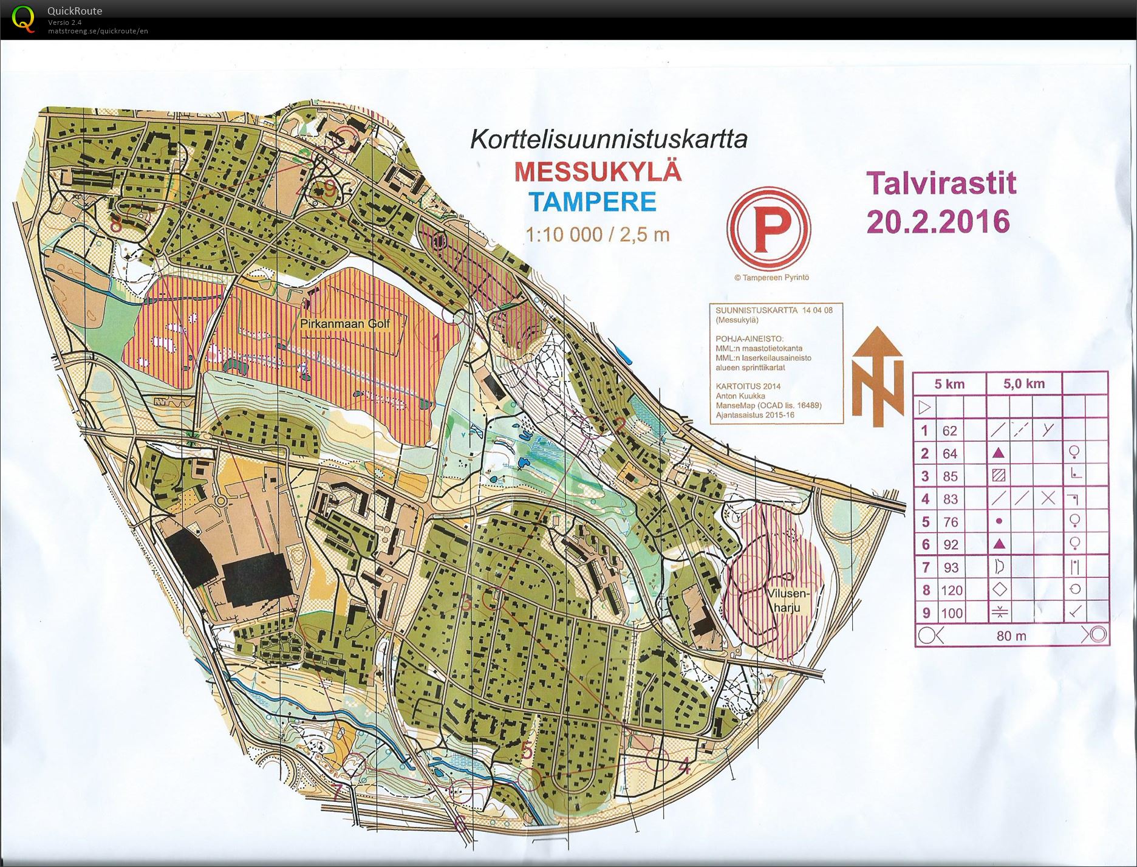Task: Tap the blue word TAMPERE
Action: (592, 202)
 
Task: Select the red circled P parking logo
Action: (768, 229)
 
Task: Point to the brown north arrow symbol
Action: (877, 377)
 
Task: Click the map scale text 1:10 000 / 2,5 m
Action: (597, 235)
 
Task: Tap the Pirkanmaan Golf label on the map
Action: (345, 324)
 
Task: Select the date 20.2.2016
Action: (938, 222)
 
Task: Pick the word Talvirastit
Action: (941, 183)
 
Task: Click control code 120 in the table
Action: (951, 590)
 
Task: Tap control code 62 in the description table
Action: (949, 431)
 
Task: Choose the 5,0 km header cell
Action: (1023, 383)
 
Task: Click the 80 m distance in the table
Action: (1011, 636)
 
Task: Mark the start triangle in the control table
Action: (924, 406)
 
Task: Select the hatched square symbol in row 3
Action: (998, 476)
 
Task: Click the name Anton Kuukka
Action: (740, 396)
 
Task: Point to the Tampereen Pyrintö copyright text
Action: (771, 278)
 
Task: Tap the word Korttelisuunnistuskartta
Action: (609, 139)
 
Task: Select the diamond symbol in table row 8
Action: (999, 589)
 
